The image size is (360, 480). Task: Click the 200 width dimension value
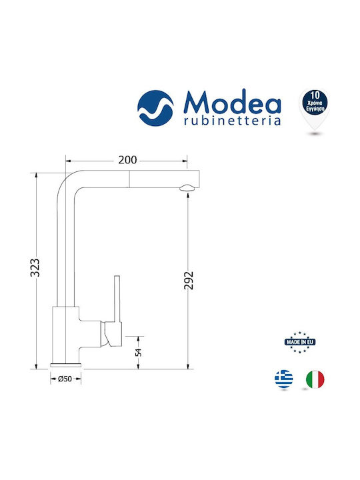127,160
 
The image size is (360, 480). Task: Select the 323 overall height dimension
35,267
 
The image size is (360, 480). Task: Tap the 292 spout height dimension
189,280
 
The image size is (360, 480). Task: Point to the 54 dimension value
139,352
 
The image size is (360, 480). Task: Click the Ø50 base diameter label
65,379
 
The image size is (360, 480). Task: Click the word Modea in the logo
233,101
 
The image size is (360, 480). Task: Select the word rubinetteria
233,121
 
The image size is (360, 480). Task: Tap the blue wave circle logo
155,108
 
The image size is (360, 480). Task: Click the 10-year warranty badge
315,109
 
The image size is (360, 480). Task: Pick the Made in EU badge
300,342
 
